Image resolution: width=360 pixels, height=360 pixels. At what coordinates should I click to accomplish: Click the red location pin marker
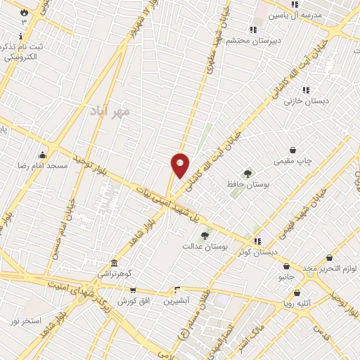pos(180,165)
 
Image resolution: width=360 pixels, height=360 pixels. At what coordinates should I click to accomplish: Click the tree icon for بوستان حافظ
pos(247,173)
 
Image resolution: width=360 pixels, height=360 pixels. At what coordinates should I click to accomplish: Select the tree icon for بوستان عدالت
pos(205,236)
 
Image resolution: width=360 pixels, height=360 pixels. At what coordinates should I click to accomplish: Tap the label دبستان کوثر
pos(257,251)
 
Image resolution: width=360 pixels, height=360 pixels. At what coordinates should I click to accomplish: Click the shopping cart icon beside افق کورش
pos(132,290)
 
